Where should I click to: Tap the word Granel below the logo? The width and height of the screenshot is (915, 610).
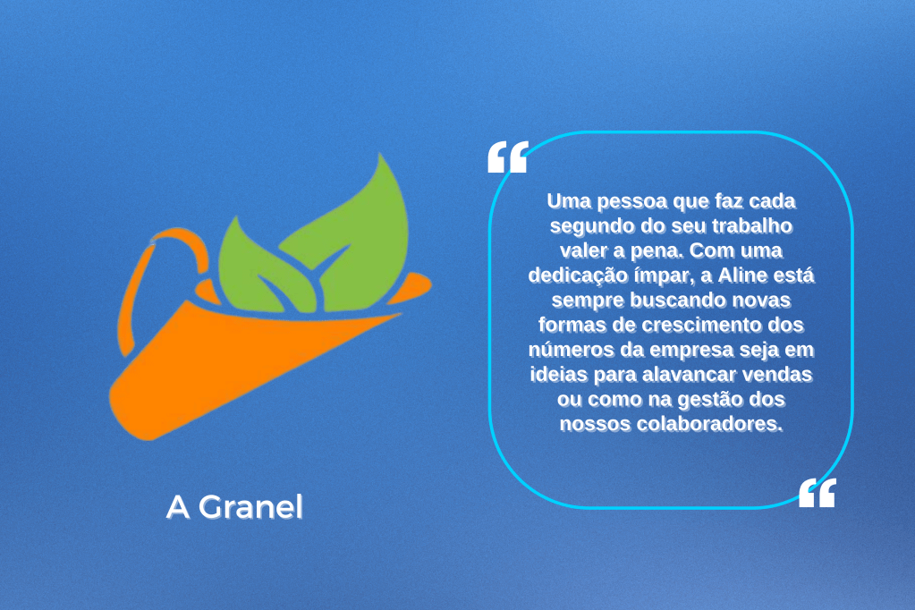pyautogui.click(x=251, y=506)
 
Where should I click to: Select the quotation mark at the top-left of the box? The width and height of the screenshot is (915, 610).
pyautogui.click(x=508, y=157)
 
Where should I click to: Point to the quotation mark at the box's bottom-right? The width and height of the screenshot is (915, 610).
pyautogui.click(x=817, y=493)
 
